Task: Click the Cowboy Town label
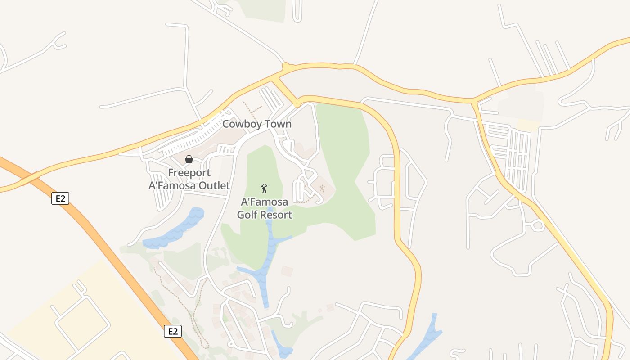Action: pos(257,124)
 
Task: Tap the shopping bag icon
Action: pos(189,159)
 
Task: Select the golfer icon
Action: pos(265,189)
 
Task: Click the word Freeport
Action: pos(189,173)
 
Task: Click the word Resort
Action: pos(276,215)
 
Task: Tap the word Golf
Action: pos(247,215)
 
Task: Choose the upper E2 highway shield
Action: pos(60,198)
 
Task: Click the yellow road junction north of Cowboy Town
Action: pos(286,68)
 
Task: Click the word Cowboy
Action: pos(239,124)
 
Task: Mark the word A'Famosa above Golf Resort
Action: pos(265,202)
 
